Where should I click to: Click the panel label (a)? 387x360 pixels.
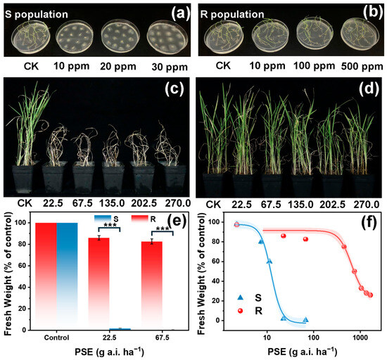[x=181, y=13]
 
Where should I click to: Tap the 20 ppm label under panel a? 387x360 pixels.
[x=118, y=67]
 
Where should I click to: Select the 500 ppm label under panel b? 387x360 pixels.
[x=362, y=66]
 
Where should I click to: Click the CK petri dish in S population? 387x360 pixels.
[x=30, y=37]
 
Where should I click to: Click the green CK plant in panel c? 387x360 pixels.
[x=30, y=123]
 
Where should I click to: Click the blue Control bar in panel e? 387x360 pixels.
[x=67, y=276]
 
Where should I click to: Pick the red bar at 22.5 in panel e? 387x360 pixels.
[x=99, y=284]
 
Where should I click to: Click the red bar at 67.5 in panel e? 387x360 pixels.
[x=152, y=285]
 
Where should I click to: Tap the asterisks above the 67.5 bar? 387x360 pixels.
[x=162, y=229]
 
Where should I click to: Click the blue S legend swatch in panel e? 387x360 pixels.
[x=103, y=218]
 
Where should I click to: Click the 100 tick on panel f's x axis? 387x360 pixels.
[x=313, y=337]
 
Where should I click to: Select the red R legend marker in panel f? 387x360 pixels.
[x=240, y=311]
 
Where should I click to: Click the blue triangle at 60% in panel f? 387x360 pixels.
[x=269, y=261]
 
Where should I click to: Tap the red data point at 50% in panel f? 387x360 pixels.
[x=355, y=271]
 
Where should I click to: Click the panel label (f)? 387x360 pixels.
[x=369, y=221]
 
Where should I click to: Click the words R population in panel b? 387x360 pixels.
[x=232, y=14]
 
